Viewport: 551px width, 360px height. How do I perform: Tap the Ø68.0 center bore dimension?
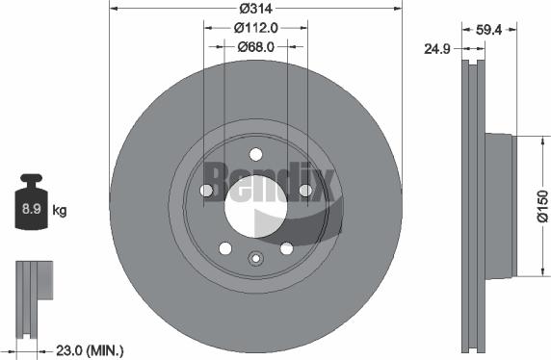click(x=255, y=46)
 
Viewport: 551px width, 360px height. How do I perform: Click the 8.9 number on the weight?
click(x=32, y=208)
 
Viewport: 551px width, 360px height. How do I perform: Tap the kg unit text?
click(x=60, y=209)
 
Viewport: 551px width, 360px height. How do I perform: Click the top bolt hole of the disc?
click(x=255, y=154)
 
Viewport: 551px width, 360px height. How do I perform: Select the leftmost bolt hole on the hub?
click(x=205, y=191)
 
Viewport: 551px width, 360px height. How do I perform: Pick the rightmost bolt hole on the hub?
click(x=305, y=191)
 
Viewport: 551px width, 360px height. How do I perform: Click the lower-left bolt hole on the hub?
click(x=224, y=248)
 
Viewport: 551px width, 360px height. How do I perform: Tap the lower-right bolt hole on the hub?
click(x=286, y=248)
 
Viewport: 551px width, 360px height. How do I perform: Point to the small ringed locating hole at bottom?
click(x=255, y=258)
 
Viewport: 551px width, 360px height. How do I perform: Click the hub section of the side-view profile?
click(x=499, y=206)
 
